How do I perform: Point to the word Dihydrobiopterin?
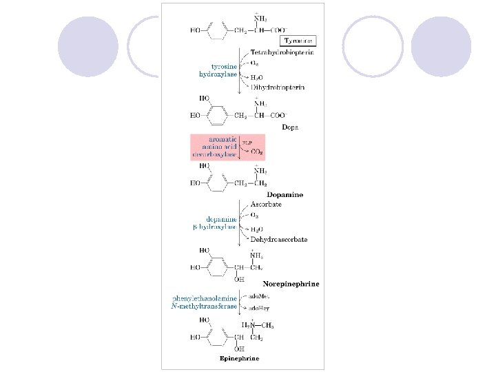coord(278,87)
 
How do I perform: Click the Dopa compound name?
coord(290,127)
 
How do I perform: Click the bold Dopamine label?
coord(285,195)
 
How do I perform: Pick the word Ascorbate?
coord(266,205)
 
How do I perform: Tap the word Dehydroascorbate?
coord(279,239)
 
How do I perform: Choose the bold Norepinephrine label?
coord(291,283)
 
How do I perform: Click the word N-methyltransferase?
coord(205,306)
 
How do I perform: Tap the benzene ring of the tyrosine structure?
coord(216,30)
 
